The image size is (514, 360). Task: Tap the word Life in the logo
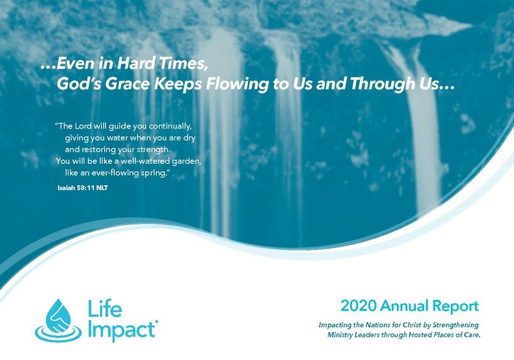(x=105, y=309)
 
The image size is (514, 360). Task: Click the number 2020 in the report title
(x=359, y=306)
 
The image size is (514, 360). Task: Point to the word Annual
(x=404, y=306)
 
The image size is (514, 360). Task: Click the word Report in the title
(x=456, y=307)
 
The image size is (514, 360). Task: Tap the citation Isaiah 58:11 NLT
(x=83, y=188)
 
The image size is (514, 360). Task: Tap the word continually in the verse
(x=170, y=127)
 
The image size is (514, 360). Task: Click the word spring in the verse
(x=154, y=174)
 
